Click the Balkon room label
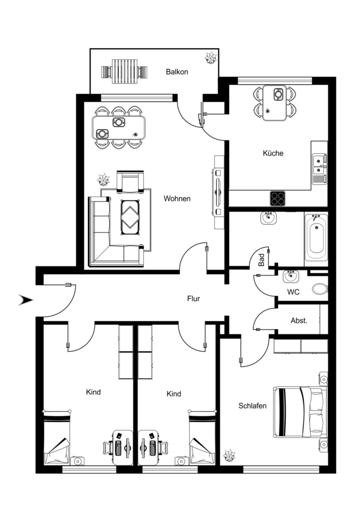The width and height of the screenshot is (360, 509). [x=177, y=72]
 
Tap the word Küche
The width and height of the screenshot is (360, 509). [x=273, y=153]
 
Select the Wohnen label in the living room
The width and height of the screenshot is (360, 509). [x=177, y=199]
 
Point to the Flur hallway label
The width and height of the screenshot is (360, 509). [x=194, y=299]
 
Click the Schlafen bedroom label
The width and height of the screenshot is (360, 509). [x=252, y=406]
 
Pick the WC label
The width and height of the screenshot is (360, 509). [x=293, y=292]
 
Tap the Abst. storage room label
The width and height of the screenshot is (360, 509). [x=299, y=321]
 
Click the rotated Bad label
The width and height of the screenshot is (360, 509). [x=262, y=260]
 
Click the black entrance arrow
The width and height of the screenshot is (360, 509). [x=25, y=300]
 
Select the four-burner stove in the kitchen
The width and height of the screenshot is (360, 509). [x=277, y=199]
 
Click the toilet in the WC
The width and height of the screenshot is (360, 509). [x=320, y=288]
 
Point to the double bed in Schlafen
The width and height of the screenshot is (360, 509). [x=300, y=412]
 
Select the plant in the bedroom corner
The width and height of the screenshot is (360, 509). [x=229, y=455]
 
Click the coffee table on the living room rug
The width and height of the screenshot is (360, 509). [x=130, y=216]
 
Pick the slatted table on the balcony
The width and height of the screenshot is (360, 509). [x=123, y=71]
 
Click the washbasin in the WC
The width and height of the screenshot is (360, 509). [x=291, y=277]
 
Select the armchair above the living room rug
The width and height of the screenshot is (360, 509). [x=130, y=181]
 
